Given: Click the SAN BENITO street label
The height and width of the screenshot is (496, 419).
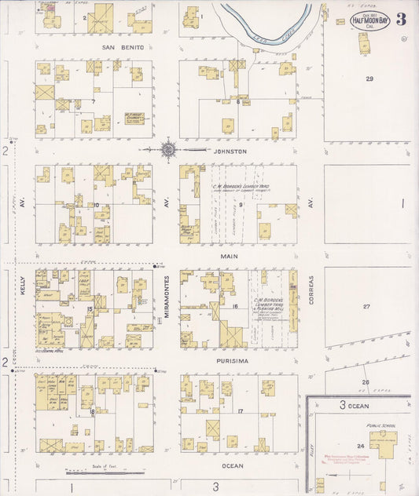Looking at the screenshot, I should (x=124, y=47).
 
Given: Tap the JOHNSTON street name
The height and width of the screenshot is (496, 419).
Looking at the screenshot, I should (x=230, y=151).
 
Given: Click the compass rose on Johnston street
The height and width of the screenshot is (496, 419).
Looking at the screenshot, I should (x=168, y=149).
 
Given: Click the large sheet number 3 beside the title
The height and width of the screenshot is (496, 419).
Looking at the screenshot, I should (x=402, y=19).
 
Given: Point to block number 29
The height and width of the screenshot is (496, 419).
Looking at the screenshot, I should (x=369, y=79).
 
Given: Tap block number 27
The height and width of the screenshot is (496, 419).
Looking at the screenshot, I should (x=366, y=306).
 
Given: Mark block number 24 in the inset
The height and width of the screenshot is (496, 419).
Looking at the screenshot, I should (x=361, y=447).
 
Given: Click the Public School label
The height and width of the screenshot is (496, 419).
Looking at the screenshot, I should (x=383, y=426).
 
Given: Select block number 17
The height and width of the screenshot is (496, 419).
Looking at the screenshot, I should (x=240, y=412).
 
